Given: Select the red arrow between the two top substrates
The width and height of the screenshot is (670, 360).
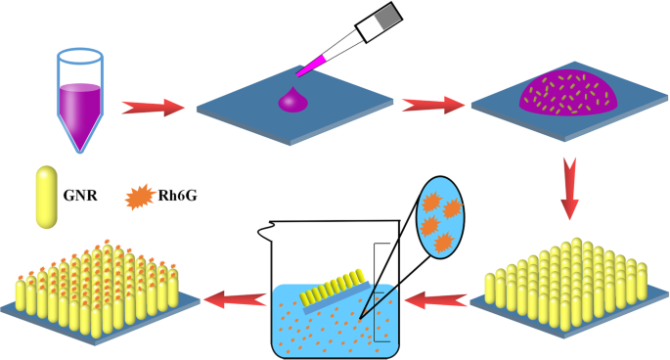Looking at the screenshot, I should click(x=433, y=102).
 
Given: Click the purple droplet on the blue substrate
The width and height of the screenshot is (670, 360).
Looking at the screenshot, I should click(x=292, y=99).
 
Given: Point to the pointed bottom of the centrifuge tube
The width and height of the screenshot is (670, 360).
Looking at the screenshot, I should click(x=80, y=146).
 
